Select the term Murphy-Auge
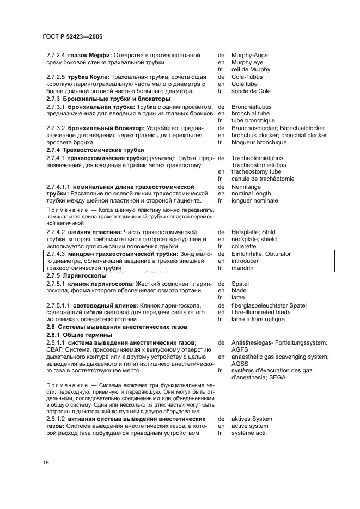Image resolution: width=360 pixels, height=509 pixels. [x=249, y=55]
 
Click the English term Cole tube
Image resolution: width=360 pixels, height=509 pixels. [x=244, y=84]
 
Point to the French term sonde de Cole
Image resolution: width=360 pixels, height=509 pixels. [x=251, y=91]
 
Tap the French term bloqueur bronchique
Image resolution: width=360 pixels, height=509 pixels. [x=259, y=142]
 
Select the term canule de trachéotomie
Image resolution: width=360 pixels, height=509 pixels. [x=263, y=179]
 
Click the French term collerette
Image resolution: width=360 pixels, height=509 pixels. [x=246, y=246]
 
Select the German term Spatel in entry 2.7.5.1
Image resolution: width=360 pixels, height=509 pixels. [x=240, y=284]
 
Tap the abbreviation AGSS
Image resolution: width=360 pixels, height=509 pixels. [x=241, y=363]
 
